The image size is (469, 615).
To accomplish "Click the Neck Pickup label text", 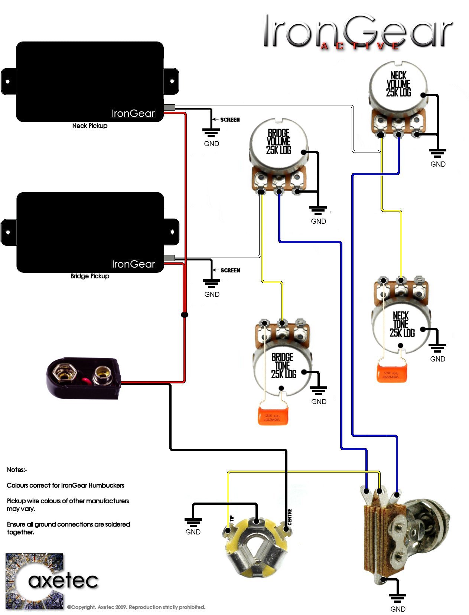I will [x=90, y=126].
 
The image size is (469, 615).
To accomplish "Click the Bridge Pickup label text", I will [x=90, y=276].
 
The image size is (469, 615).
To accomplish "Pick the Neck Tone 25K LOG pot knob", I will [x=401, y=327].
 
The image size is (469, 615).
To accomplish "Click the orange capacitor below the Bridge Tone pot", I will [x=274, y=416].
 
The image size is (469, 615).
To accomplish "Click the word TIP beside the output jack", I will [x=232, y=518].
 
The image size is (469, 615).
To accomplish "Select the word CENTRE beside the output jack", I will [x=290, y=517].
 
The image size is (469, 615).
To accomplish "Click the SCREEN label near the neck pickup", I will [x=230, y=120].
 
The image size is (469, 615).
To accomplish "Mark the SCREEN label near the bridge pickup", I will [x=230, y=271].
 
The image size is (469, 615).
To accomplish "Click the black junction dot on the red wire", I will [x=184, y=315].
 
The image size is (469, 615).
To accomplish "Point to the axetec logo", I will [x=52, y=581].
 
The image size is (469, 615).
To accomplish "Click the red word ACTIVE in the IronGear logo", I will [x=360, y=46].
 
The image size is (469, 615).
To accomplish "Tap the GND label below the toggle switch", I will [x=398, y=609].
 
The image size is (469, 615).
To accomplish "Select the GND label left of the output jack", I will [x=193, y=532].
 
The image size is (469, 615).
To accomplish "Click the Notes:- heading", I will [x=17, y=470].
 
